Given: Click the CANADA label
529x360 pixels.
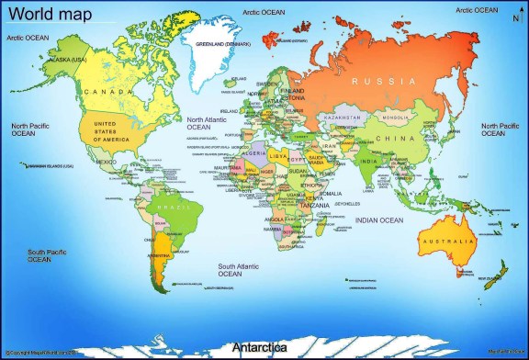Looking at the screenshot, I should coord(103,92).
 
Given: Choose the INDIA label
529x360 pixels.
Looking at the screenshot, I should coord(368,162).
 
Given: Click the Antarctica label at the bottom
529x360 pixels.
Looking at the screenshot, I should coord(259,348).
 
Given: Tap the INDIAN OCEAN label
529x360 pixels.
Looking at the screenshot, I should coord(379,220).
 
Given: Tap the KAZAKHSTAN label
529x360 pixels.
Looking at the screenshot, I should coord(342,118).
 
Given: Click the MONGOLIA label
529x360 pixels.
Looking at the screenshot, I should coord(396,118).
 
